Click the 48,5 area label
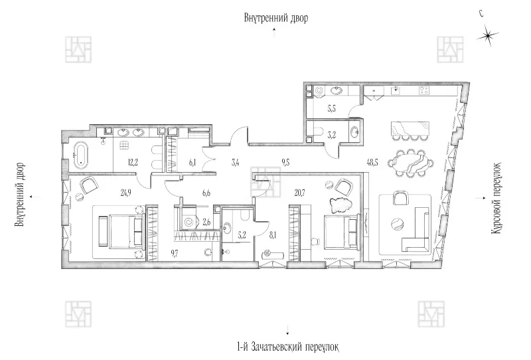coord(372,163)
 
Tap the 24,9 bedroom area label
coord(125,193)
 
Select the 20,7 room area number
coord(300,193)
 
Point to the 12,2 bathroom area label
coord(133,163)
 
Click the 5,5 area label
coord(332,109)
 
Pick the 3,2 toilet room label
coord(332,135)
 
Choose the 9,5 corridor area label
coord(285,163)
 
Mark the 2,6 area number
coord(206,223)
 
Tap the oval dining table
coord(410,163)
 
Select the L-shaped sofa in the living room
coord(416,230)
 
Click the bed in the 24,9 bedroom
coord(121,231)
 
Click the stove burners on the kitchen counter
coord(424,90)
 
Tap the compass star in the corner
coord(487,36)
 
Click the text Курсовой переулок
coord(496,199)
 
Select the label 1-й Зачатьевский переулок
coord(288,347)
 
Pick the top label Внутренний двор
coord(276,18)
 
